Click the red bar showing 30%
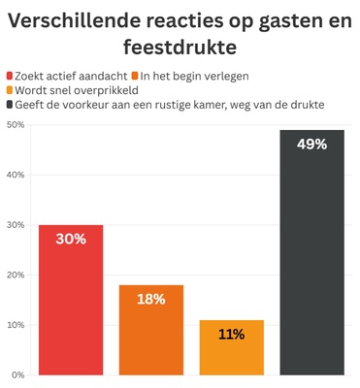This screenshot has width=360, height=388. pyautogui.click(x=71, y=301)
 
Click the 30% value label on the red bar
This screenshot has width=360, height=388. pyautogui.click(x=71, y=239)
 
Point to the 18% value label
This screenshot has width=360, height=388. pyautogui.click(x=151, y=299)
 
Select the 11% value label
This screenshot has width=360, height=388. pyautogui.click(x=231, y=334)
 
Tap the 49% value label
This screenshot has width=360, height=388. pyautogui.click(x=311, y=145)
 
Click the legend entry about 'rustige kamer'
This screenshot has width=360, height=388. pyautogui.click(x=170, y=104)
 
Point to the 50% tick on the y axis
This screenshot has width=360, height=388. pyautogui.click(x=15, y=125)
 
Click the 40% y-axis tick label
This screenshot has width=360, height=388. pyautogui.click(x=15, y=176)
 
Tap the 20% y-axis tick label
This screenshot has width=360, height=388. pyautogui.click(x=15, y=275)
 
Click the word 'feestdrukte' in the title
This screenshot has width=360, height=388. pyautogui.click(x=180, y=46)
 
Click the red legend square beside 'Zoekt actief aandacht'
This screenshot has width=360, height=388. pyautogui.click(x=10, y=76)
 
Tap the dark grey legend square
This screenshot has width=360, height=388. pyautogui.click(x=10, y=104)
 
